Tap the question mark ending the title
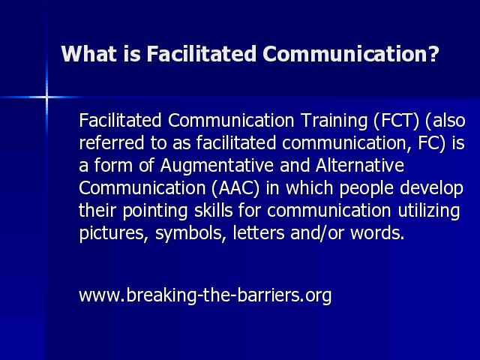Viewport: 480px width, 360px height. tap(433, 54)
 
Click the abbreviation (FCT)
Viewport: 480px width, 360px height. tap(396, 120)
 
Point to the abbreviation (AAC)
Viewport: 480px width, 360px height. tap(235, 188)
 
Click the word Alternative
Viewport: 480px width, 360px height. tap(360, 165)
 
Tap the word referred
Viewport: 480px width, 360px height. tap(112, 142)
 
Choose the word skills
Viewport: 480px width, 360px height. tap(213, 210)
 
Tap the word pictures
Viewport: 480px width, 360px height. tap(112, 233)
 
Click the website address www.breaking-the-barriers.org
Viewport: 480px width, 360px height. tap(205, 295)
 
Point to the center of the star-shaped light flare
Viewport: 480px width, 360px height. tap(46, 97)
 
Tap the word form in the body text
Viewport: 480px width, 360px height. tap(113, 165)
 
